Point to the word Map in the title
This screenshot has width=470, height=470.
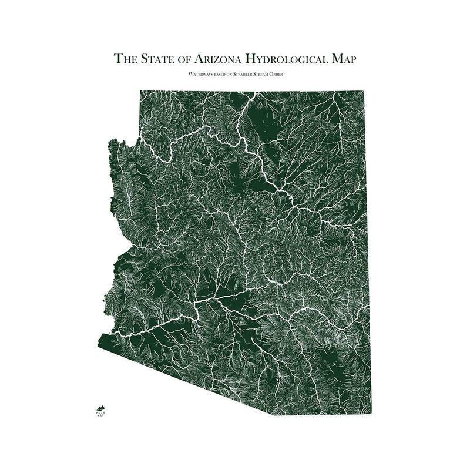343,59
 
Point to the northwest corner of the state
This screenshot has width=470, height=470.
140,91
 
